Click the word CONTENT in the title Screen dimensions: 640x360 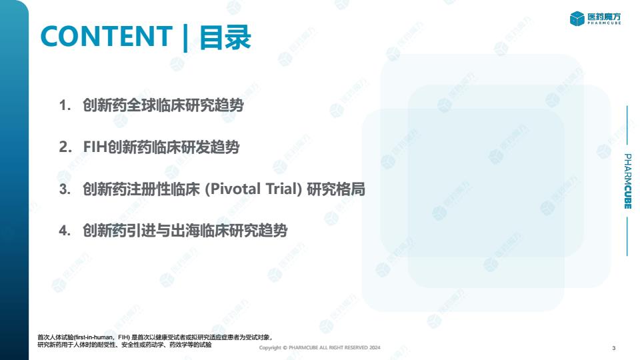click(107, 36)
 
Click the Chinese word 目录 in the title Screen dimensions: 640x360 click(225, 37)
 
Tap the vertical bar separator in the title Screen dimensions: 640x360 click(185, 38)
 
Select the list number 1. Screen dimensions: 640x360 click(65, 105)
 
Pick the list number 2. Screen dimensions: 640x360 click(65, 147)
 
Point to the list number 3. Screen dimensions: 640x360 click(65, 189)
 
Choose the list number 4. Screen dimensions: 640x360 click(65, 231)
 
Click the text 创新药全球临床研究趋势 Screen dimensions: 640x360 click(163, 105)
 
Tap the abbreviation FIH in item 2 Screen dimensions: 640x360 click(95, 147)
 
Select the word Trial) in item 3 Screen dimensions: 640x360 click(284, 189)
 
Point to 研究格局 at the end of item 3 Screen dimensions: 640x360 click(336, 189)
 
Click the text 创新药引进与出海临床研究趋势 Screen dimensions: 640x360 click(185, 231)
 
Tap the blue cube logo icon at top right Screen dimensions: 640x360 click(577, 19)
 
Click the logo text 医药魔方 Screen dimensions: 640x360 click(604, 17)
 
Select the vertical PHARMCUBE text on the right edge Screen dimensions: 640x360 click(628, 181)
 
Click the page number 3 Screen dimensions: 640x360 click(614, 348)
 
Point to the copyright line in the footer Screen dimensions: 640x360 click(319, 348)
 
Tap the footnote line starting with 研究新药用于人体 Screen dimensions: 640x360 click(125, 345)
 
